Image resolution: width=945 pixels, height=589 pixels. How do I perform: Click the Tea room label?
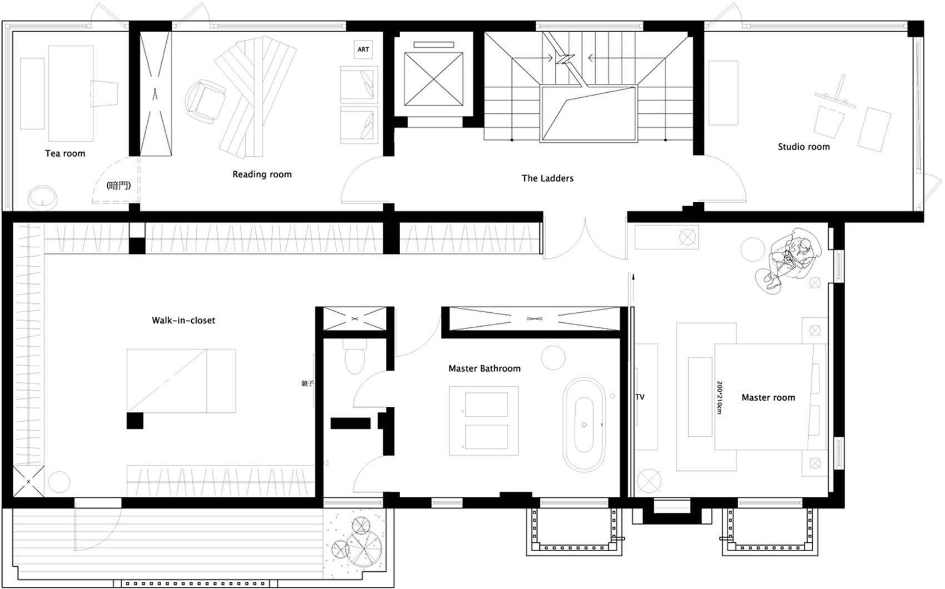point(65,153)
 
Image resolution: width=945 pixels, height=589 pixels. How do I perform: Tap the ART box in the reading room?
point(363,49)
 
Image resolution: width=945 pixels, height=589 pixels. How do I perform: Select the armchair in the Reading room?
point(205,101)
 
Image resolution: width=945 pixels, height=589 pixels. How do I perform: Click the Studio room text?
point(803,147)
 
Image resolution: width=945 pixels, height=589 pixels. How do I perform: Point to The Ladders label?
point(547,178)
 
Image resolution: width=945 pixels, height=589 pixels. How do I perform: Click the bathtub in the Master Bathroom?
point(584,424)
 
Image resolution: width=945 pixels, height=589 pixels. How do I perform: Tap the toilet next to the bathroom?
point(355,356)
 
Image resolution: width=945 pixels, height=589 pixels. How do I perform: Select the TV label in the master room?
point(640,397)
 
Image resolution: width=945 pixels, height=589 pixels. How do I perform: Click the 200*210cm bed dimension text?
point(719,398)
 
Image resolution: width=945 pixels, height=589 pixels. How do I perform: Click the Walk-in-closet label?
point(183,321)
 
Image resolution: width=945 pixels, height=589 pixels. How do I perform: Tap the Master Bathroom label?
point(484,368)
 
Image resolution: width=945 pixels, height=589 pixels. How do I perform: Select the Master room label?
point(768,397)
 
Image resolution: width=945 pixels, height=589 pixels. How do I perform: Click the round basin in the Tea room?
point(42,197)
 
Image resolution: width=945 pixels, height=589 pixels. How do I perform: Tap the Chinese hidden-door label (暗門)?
point(118,186)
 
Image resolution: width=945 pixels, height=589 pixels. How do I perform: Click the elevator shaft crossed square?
point(433,79)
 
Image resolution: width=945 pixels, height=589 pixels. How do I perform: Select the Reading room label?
point(262,174)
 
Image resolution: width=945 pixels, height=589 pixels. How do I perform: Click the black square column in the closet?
point(135,421)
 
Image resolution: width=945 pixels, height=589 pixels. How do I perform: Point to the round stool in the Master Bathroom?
point(553,358)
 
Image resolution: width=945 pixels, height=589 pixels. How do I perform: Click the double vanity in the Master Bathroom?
point(484,421)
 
